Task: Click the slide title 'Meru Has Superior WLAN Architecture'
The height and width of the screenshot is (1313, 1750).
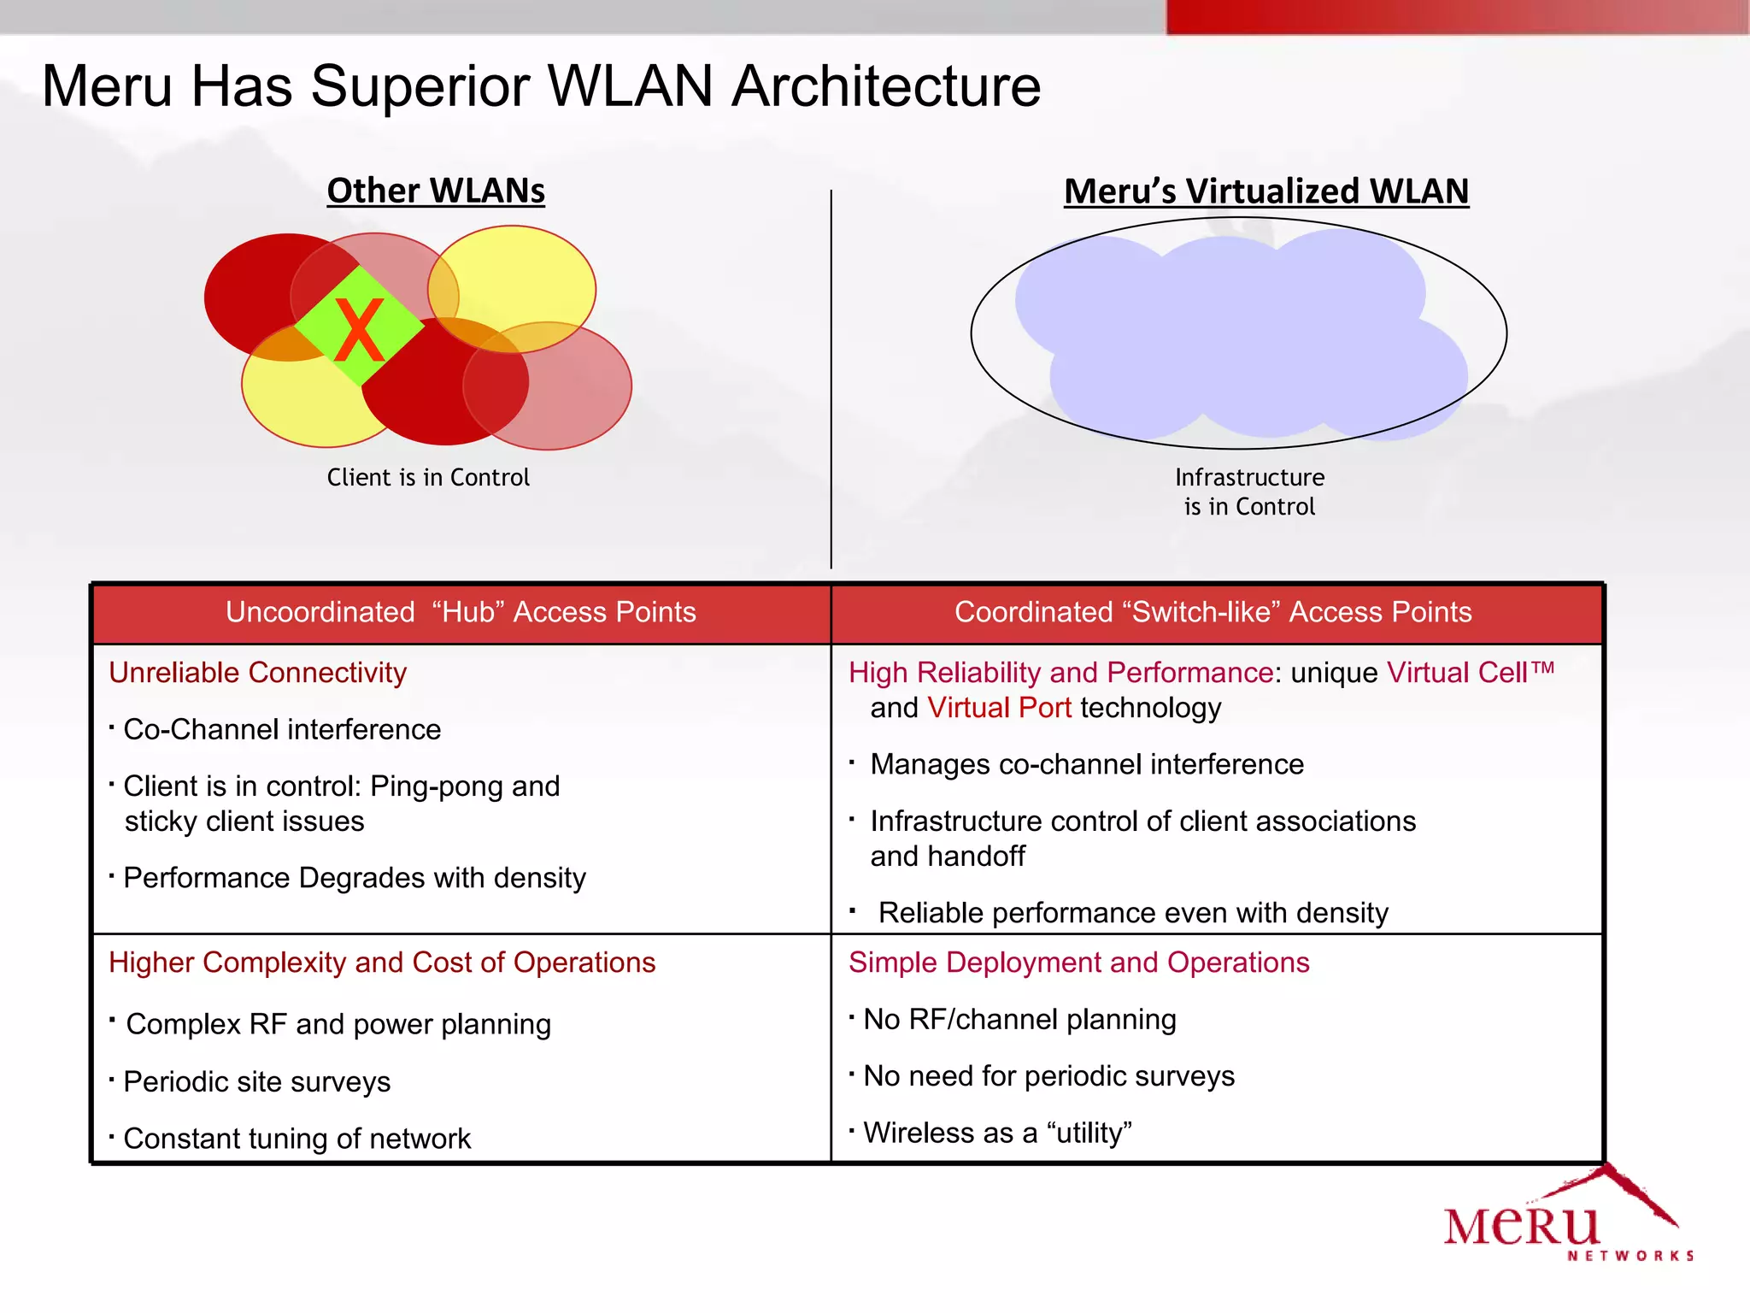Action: [x=541, y=86]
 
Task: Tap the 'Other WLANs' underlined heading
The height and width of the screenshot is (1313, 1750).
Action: [x=436, y=191]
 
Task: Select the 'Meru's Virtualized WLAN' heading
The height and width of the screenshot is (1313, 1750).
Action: [x=1266, y=191]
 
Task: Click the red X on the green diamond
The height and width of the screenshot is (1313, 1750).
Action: [x=359, y=331]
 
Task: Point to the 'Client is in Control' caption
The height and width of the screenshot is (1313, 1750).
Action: [x=428, y=477]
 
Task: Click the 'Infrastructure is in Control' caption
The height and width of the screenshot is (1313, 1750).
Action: [x=1249, y=492]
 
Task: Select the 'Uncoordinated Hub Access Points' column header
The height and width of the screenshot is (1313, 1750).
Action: [x=461, y=612]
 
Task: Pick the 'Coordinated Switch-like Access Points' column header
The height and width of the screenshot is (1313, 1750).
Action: [x=1213, y=612]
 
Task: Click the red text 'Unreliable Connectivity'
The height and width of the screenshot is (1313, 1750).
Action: [x=257, y=673]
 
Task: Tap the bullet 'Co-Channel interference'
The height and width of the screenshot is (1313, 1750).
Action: [x=282, y=729]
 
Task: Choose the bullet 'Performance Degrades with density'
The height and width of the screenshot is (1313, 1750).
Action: [x=355, y=878]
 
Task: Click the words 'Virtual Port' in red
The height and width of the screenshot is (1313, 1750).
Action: [x=999, y=708]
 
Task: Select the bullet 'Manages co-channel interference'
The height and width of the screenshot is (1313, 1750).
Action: [x=1087, y=764]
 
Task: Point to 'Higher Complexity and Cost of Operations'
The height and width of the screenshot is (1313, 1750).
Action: [x=382, y=963]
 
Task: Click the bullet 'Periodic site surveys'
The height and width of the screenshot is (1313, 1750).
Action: [x=256, y=1082]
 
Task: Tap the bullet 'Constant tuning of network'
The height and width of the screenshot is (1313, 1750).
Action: [x=297, y=1139]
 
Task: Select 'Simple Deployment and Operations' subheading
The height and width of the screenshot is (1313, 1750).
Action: [x=1078, y=963]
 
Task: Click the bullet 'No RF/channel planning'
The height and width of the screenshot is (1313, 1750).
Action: [x=1019, y=1020]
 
